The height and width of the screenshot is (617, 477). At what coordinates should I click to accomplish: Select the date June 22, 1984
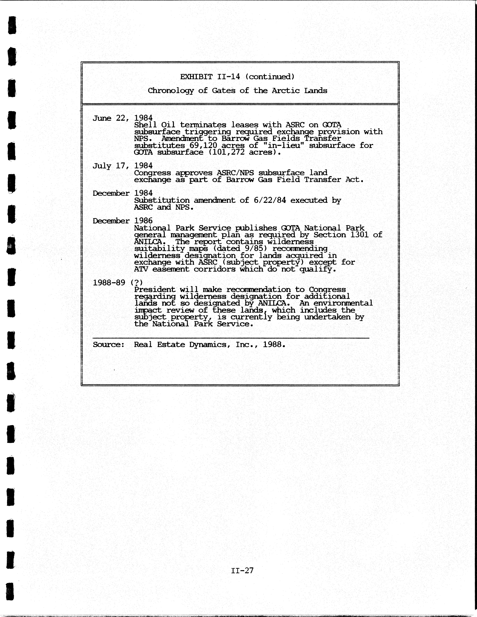[123, 118]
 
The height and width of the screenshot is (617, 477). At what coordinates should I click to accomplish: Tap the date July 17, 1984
[123, 166]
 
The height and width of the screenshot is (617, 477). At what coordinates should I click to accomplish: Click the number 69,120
[203, 145]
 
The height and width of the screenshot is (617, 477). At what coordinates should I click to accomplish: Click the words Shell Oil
[154, 125]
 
